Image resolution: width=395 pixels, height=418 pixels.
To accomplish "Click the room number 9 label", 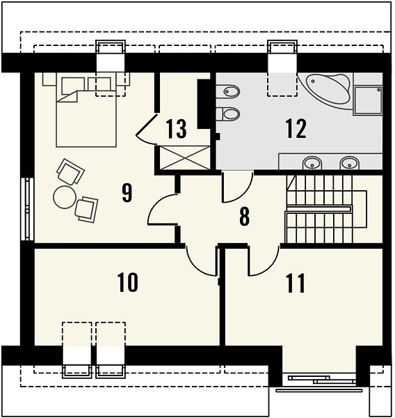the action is coord(127,193).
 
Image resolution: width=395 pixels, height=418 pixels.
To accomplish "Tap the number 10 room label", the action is coord(128,282).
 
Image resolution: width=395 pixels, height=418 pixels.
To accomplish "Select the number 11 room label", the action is coord(295,284).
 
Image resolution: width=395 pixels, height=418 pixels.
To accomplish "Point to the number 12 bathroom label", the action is coord(296,129).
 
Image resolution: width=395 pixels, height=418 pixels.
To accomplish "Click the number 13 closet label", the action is coord(176,129).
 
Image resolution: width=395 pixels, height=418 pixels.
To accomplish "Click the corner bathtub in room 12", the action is coord(326,89).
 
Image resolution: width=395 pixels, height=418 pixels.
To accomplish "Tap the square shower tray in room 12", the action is coord(367,100).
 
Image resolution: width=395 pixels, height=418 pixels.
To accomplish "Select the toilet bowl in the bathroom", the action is coord(228,114).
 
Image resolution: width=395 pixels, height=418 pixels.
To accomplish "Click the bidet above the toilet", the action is coord(228,92).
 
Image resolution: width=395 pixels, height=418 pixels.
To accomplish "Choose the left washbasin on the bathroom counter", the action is coord(312,162).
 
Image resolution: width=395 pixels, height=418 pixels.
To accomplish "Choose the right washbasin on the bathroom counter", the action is coord(350,162).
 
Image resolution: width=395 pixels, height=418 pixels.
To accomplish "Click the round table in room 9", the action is coord(65,197).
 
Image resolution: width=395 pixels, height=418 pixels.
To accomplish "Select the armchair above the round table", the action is coord(70,171).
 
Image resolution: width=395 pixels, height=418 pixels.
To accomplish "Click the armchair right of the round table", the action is coord(86,210).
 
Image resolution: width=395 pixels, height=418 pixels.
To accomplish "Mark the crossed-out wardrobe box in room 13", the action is coord(184,157).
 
